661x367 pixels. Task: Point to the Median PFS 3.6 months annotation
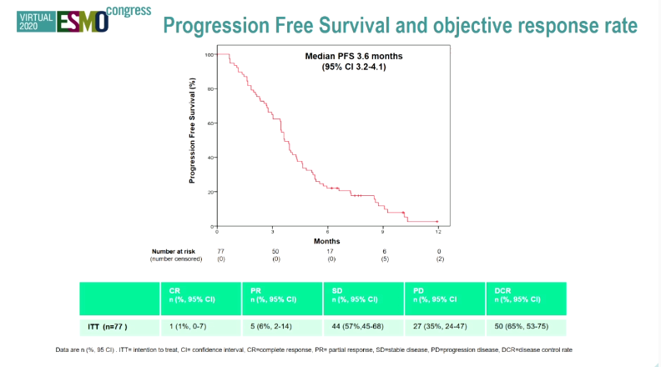click(x=354, y=62)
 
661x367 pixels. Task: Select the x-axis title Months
click(x=326, y=240)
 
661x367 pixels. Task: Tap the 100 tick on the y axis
click(x=209, y=54)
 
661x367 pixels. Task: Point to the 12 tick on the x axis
click(x=438, y=231)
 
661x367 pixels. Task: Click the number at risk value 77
click(x=221, y=251)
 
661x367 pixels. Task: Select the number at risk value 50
click(x=275, y=251)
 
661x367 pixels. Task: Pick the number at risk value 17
click(x=330, y=251)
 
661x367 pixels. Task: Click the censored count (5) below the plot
click(x=384, y=259)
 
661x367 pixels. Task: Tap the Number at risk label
click(x=173, y=251)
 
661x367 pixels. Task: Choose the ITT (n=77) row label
click(x=108, y=326)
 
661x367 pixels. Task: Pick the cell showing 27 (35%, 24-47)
click(x=442, y=326)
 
